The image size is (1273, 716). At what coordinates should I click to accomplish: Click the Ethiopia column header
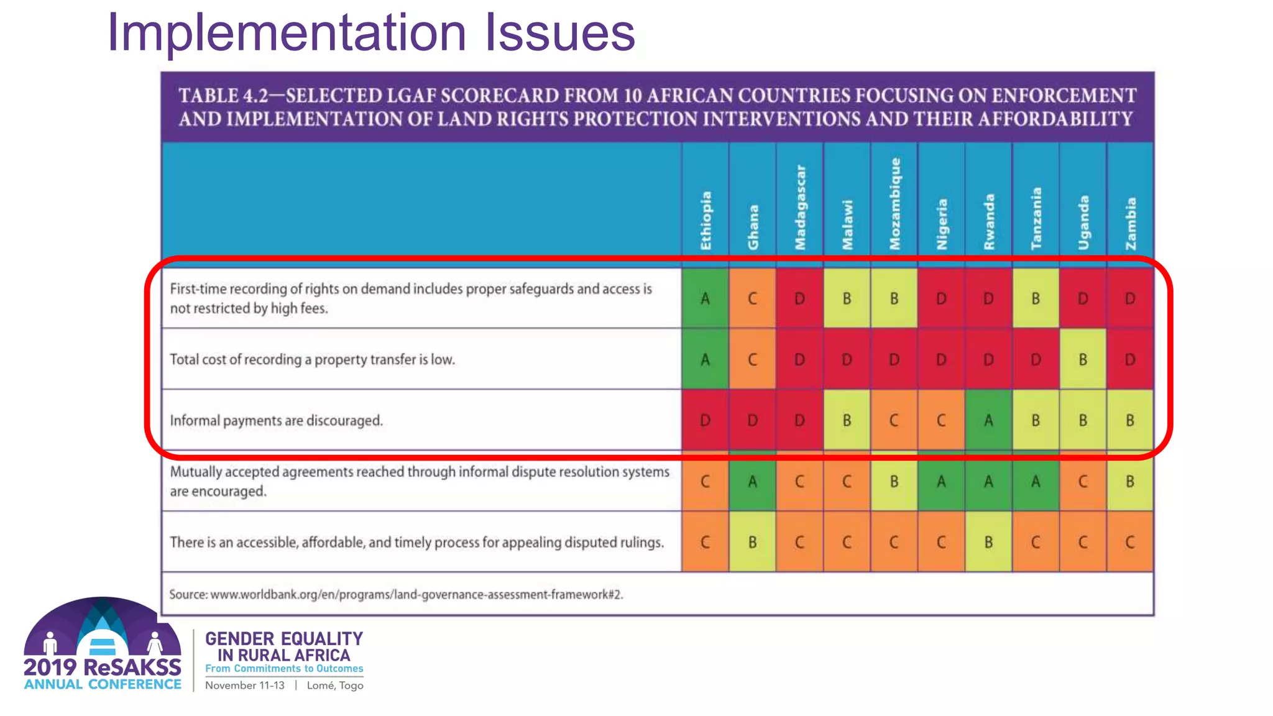(705, 221)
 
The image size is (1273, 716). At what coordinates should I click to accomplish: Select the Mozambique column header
(894, 204)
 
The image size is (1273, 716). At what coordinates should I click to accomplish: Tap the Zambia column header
(1131, 224)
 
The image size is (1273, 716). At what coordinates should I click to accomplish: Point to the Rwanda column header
(989, 222)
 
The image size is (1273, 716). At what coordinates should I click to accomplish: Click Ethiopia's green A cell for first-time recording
(705, 298)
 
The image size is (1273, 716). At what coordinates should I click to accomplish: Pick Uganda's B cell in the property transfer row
(1083, 359)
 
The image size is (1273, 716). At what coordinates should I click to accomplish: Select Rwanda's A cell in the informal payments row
(988, 420)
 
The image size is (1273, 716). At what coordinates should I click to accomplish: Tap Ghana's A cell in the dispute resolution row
(752, 481)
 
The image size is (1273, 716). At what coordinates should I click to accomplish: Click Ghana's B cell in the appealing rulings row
(752, 542)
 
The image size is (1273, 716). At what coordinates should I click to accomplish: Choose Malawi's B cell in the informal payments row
(847, 420)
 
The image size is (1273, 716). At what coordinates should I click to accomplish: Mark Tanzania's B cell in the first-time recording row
(1036, 298)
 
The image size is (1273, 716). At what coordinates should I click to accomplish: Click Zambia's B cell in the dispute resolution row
(1130, 481)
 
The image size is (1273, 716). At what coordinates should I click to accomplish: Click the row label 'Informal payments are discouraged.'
(276, 421)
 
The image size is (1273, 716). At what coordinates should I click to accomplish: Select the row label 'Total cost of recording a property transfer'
(312, 360)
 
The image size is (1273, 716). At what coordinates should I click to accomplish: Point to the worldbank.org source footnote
(396, 594)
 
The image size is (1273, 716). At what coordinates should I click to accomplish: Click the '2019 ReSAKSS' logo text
(103, 667)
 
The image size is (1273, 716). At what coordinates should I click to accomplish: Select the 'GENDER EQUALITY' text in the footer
(284, 639)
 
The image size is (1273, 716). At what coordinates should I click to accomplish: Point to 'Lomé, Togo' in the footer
(335, 686)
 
